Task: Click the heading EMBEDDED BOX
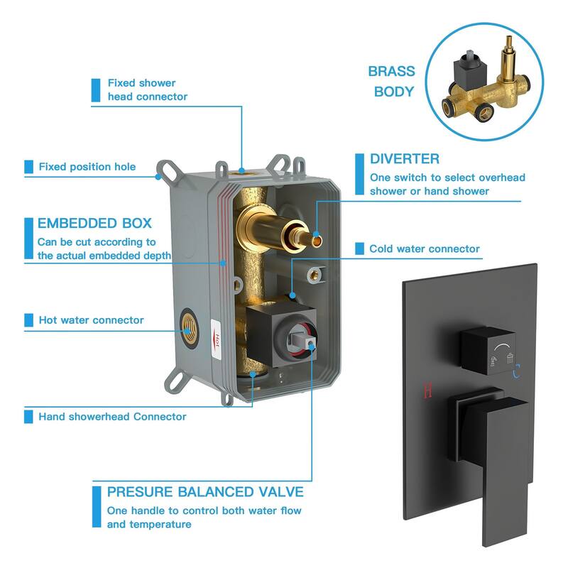[x=94, y=223]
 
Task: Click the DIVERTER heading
[x=405, y=158]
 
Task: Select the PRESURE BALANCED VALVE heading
[x=205, y=492]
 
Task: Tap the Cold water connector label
[x=424, y=249]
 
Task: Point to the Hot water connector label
[x=92, y=320]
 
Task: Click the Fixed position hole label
[x=87, y=167]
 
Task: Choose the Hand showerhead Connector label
[x=112, y=417]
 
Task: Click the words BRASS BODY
[x=392, y=82]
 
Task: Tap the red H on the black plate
[x=427, y=390]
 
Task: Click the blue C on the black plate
[x=517, y=371]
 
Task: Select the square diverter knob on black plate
[x=488, y=350]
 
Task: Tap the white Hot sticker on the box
[x=217, y=339]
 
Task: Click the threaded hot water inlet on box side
[x=188, y=329]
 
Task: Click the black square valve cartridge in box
[x=280, y=336]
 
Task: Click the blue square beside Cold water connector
[x=359, y=249]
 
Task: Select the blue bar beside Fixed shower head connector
[x=96, y=90]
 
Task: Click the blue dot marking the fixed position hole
[x=158, y=177]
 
